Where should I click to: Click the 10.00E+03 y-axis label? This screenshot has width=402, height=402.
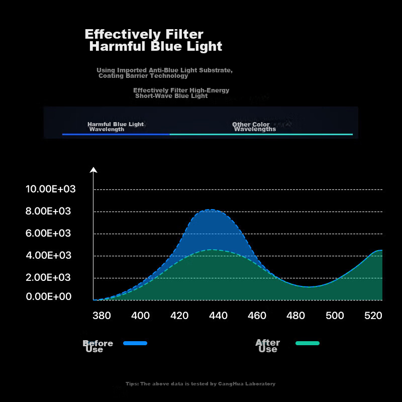click(50, 189)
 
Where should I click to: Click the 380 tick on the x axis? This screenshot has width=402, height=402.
click(102, 316)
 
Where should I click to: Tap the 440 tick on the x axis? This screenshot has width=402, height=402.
click(218, 316)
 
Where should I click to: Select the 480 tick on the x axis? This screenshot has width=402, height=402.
click(296, 316)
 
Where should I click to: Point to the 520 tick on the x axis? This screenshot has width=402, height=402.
click(373, 316)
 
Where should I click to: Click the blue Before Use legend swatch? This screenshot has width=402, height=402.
click(135, 343)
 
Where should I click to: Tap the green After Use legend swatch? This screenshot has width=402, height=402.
click(308, 343)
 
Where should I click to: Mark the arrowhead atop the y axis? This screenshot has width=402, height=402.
click(93, 169)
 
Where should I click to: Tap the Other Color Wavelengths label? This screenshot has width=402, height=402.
click(254, 127)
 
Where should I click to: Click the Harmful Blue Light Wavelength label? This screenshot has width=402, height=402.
click(115, 127)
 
